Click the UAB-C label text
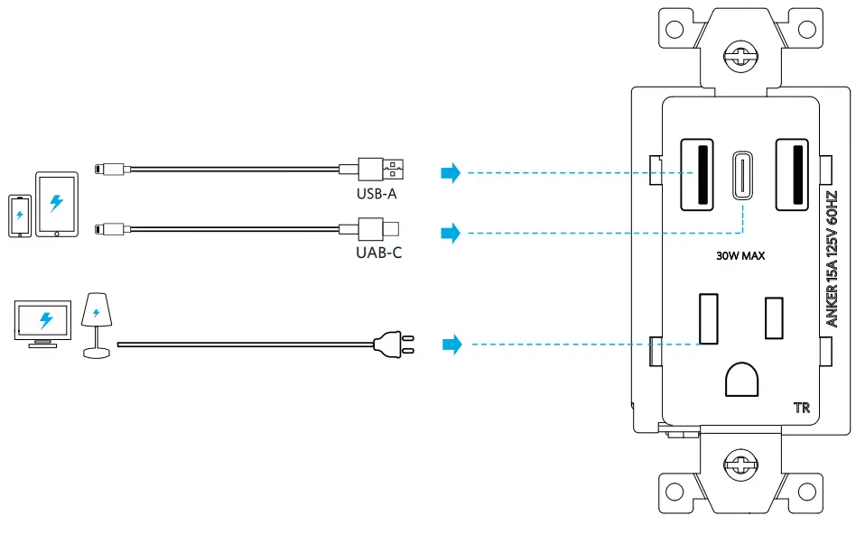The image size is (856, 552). pyautogui.click(x=379, y=253)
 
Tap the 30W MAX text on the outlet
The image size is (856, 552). pyautogui.click(x=740, y=256)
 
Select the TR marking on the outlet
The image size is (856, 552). pyautogui.click(x=802, y=408)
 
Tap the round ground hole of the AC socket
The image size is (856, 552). pyautogui.click(x=742, y=380)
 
